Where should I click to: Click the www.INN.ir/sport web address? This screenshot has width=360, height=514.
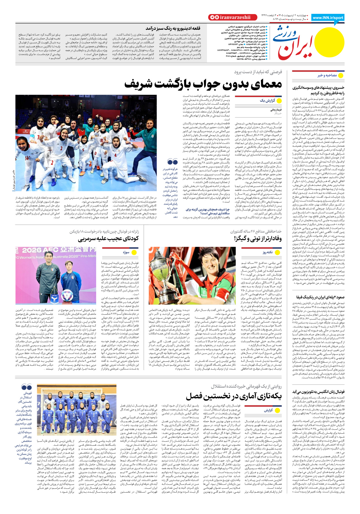coord(328,18)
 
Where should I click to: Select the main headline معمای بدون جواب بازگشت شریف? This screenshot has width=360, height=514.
coord(203,84)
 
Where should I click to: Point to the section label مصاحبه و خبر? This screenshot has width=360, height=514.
coord(327,75)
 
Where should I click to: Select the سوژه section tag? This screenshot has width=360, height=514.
coord(126,252)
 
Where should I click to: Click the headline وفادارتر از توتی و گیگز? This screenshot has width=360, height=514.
coord(258,238)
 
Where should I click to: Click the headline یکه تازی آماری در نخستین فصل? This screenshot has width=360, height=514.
coord(234,397)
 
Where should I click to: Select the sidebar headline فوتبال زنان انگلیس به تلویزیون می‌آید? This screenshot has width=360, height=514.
coord(319,392)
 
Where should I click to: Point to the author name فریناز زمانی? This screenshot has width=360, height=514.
coord(276,110)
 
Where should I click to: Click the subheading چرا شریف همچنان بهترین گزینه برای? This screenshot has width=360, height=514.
coord(208,209)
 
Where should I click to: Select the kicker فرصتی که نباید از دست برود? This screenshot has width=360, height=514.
coord(258,72)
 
